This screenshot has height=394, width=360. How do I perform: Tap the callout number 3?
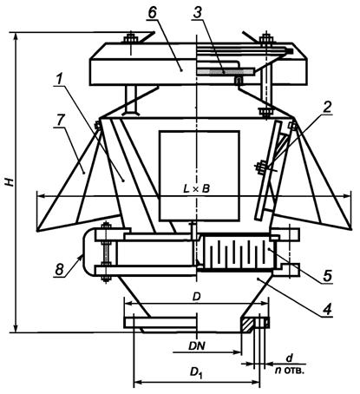pos(198,13)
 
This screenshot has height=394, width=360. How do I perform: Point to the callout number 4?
pos(326,309)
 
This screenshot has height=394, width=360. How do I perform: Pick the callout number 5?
pos(327,276)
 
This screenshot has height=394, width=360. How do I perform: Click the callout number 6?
pos(153,13)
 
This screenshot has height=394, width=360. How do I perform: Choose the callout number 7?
pos(61,120)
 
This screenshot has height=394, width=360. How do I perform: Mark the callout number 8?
pos(59,270)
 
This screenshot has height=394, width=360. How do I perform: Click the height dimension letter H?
pos(10,182)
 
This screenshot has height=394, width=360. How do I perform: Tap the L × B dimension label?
pos(196,189)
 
